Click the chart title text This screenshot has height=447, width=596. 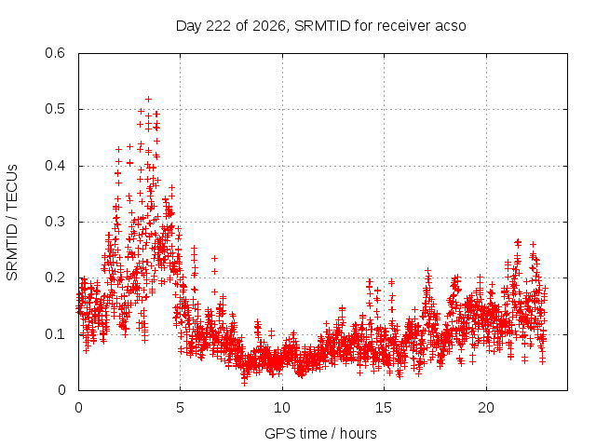click(x=320, y=26)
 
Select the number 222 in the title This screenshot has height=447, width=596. click(x=218, y=26)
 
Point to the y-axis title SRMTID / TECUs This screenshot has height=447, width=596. click(x=12, y=223)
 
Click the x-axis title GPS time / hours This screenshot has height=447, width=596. click(x=320, y=433)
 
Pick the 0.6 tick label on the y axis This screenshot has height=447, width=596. click(x=55, y=53)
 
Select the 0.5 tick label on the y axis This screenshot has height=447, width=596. click(x=55, y=109)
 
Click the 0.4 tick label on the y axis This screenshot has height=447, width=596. click(x=55, y=166)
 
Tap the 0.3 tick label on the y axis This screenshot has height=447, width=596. click(x=55, y=222)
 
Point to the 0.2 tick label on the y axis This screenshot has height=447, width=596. click(x=55, y=278)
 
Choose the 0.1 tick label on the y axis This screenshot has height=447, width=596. click(x=55, y=334)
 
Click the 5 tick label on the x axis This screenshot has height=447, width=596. click(x=180, y=408)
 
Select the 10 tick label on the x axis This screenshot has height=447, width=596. click(x=282, y=408)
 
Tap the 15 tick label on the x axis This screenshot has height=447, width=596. click(x=384, y=408)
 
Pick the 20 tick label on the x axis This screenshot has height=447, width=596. click(x=486, y=408)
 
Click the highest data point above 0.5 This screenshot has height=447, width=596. click(x=149, y=100)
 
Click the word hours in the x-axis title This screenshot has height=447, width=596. click(x=358, y=433)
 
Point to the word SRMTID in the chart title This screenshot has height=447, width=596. click(x=322, y=26)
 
